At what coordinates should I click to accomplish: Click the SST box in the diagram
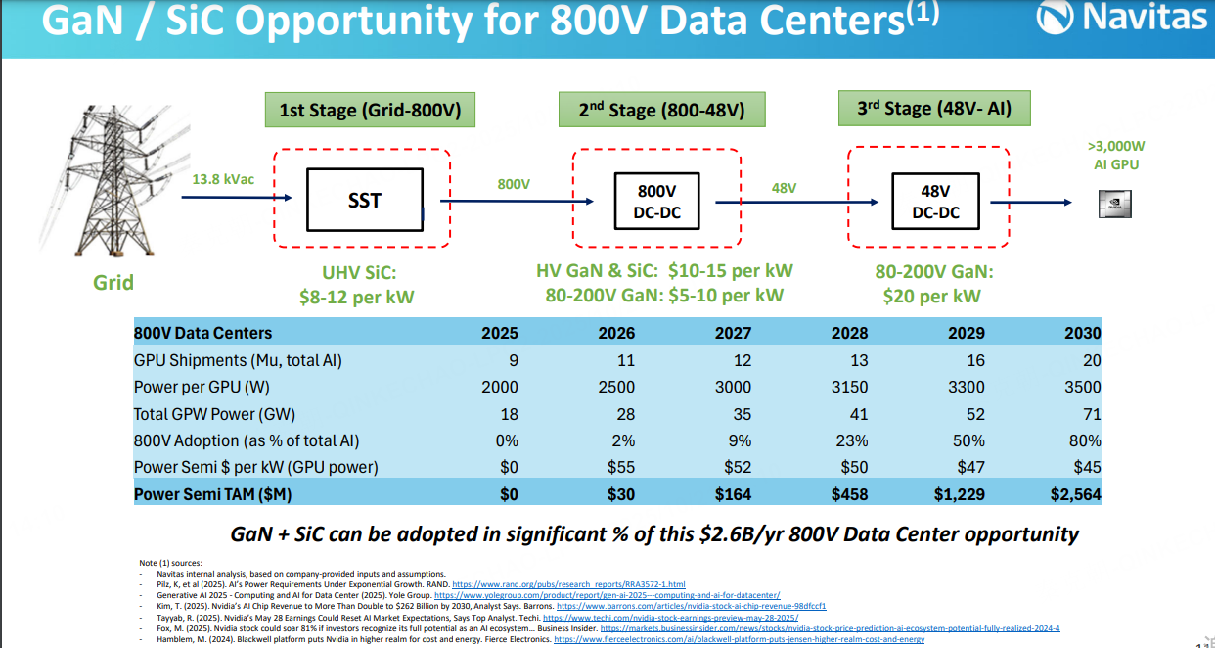[364, 201]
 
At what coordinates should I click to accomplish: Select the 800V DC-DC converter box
[657, 201]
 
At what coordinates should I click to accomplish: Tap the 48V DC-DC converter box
[935, 201]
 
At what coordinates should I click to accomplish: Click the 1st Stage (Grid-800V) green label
[369, 110]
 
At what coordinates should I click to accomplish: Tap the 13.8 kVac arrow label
[225, 179]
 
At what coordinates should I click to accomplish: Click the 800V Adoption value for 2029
[967, 440]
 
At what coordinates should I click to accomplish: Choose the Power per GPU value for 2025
[500, 387]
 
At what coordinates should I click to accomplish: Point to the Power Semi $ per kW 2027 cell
[737, 468]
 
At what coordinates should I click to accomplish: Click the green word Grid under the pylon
[113, 283]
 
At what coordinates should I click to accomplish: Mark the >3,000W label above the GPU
[1115, 146]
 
